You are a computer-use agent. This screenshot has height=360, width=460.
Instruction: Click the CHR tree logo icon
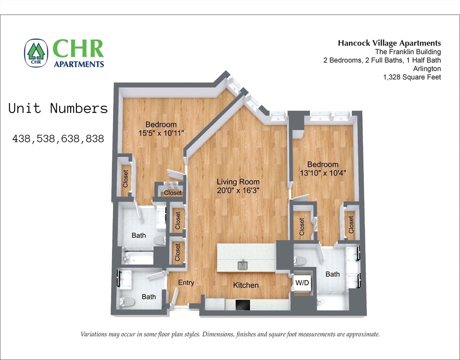coord(36,52)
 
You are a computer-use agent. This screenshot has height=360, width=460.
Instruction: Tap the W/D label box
coord(302,283)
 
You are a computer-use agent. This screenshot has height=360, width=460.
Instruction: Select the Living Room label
coord(237,182)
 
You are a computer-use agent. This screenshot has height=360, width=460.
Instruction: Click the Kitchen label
coord(246,285)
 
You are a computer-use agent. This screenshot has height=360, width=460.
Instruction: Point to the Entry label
coord(186,283)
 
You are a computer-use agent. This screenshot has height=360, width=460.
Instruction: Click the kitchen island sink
coord(243,266)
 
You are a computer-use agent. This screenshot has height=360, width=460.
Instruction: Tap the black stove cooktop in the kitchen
coord(243,305)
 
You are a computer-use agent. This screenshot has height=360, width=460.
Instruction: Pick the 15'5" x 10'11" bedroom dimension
coord(161,133)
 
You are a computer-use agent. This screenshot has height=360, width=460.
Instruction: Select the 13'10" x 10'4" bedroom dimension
coord(322,173)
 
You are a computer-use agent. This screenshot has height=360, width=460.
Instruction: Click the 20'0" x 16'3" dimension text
coord(237,191)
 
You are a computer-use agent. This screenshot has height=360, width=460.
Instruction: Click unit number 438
coord(22,139)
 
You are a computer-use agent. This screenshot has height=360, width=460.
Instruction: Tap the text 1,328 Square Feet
coord(412,77)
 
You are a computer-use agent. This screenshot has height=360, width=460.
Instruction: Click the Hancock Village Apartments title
coord(389,43)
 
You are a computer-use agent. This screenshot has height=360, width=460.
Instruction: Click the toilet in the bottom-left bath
coord(126,302)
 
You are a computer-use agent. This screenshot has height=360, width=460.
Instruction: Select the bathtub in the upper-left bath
coord(137,257)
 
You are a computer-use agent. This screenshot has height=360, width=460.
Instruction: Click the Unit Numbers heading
coord(58,109)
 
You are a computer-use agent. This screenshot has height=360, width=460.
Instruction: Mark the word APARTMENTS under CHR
coord(79,64)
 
